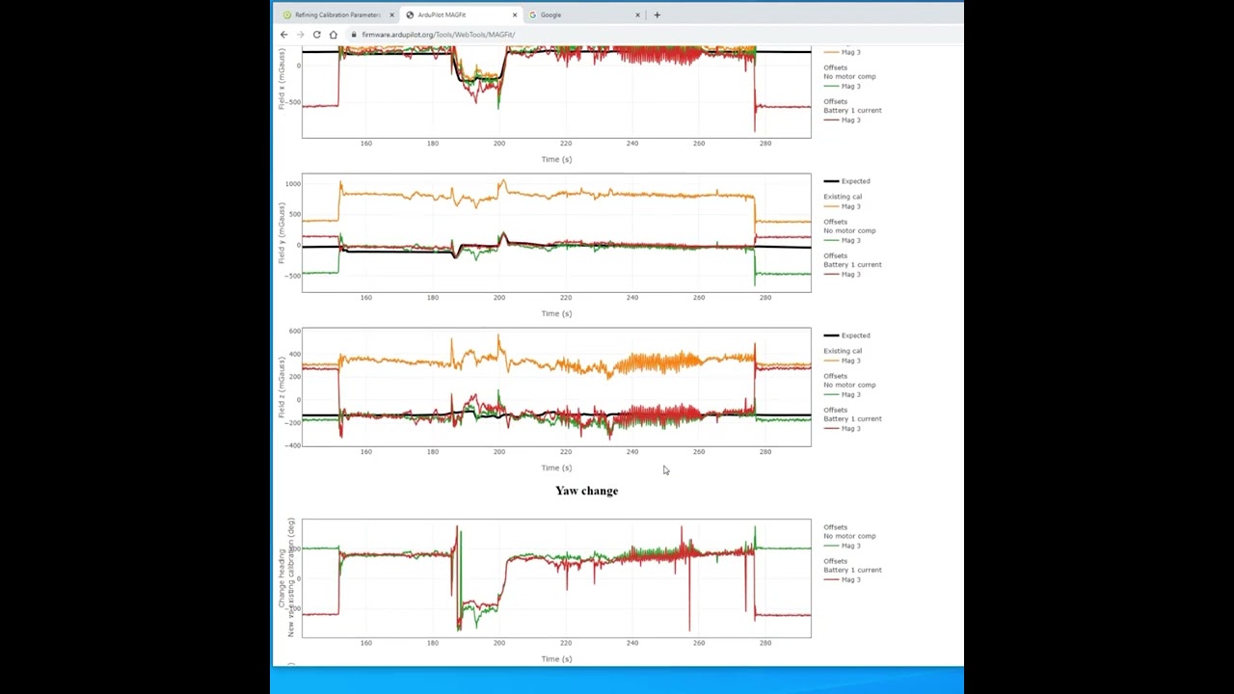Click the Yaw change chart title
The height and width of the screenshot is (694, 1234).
(x=586, y=491)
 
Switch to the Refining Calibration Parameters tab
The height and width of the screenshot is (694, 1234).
(x=336, y=15)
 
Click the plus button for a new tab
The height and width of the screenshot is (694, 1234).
(x=657, y=15)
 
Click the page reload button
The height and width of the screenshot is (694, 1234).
(x=316, y=35)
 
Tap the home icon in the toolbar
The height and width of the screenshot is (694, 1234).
(x=334, y=35)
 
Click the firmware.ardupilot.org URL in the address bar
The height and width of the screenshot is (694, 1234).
(x=439, y=35)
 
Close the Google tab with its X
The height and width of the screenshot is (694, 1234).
(x=637, y=15)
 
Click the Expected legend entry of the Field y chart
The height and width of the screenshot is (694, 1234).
(x=854, y=181)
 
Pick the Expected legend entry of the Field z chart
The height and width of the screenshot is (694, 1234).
(x=854, y=335)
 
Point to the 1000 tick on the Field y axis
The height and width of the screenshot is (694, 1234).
(x=292, y=183)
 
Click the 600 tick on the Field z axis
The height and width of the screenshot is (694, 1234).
(x=294, y=332)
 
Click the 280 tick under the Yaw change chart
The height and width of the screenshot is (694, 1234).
(x=765, y=643)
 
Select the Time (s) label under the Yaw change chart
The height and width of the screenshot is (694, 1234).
(x=556, y=659)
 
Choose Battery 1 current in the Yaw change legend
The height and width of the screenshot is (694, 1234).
(x=852, y=570)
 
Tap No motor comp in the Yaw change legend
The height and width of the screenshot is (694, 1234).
(x=849, y=536)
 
